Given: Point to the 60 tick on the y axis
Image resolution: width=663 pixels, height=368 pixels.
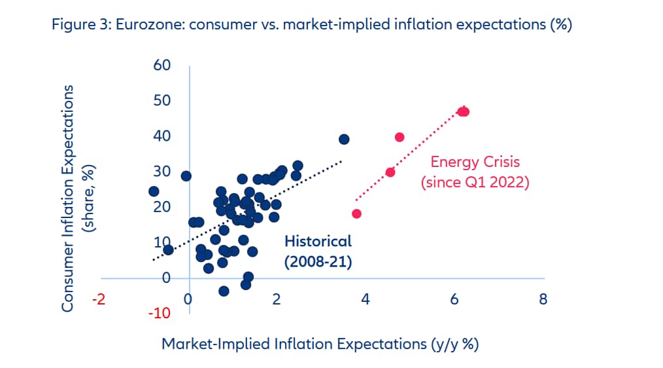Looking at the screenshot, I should pyautogui.click(x=161, y=65).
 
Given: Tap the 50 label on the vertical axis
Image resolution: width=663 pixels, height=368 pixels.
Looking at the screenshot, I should pyautogui.click(x=161, y=101).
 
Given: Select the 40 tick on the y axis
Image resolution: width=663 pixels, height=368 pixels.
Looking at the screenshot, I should pyautogui.click(x=161, y=136).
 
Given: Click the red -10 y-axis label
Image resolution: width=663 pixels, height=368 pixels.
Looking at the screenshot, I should pyautogui.click(x=159, y=313).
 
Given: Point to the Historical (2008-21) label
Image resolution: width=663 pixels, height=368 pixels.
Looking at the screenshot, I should pyautogui.click(x=318, y=251).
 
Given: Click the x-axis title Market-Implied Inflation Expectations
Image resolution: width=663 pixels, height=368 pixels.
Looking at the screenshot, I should pyautogui.click(x=320, y=344).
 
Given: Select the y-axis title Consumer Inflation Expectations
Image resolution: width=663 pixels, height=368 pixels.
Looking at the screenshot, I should pyautogui.click(x=76, y=197).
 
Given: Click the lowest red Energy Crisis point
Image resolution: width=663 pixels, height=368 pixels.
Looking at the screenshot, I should pyautogui.click(x=356, y=213).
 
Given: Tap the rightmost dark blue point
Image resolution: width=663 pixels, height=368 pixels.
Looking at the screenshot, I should pyautogui.click(x=344, y=139).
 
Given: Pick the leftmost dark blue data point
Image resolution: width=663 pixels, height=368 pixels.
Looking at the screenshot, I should pyautogui.click(x=154, y=191).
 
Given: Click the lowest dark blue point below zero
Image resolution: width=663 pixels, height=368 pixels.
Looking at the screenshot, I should pyautogui.click(x=224, y=291).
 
